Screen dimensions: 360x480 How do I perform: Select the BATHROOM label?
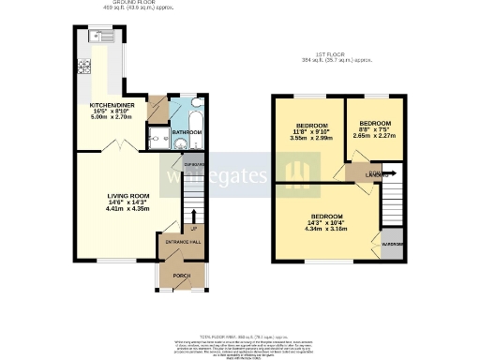tap(187, 133)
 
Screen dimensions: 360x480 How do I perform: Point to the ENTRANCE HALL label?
tap(184, 242)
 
